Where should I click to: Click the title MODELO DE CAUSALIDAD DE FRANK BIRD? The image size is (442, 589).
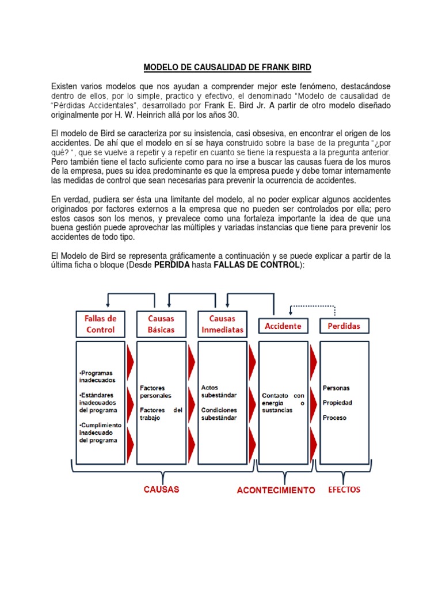point(227,68)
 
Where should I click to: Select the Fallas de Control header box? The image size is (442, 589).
point(101,324)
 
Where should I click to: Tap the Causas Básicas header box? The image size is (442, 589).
point(161,324)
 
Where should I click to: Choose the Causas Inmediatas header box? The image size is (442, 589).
point(222,324)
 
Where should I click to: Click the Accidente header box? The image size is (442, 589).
point(283,326)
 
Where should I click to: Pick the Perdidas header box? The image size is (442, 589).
point(344,326)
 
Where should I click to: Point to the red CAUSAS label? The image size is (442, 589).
point(162,489)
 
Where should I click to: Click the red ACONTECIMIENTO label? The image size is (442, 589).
point(276,490)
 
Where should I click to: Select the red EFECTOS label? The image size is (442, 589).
point(344,489)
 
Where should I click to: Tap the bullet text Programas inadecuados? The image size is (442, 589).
point(97,376)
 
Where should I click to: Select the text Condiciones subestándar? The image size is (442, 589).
point(219,414)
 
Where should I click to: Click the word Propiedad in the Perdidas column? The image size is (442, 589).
point(337,403)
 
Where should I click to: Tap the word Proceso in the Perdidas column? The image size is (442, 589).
point(334,418)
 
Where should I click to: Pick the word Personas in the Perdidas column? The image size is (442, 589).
point(336,388)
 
